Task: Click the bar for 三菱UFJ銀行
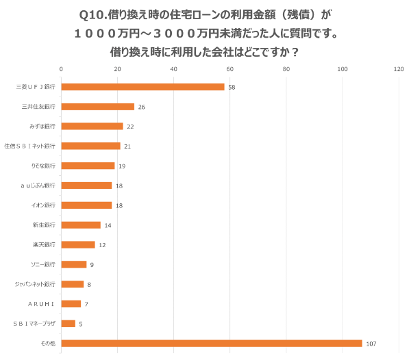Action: [x=142, y=87]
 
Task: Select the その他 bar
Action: [x=211, y=343]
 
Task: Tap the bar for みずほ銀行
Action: [x=92, y=126]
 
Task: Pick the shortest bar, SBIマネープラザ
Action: [x=68, y=323]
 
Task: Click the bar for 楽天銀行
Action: [x=78, y=244]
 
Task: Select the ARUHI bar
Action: [x=71, y=303]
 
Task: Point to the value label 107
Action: [x=372, y=343]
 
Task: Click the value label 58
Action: [x=232, y=87]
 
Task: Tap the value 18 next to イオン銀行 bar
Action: [x=119, y=205]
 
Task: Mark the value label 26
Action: [x=141, y=107]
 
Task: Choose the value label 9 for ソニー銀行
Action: [x=92, y=264]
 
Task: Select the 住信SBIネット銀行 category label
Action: [x=30, y=146]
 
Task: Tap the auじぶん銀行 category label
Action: [x=37, y=185]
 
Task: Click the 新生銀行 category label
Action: [x=44, y=224]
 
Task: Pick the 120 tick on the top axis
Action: [x=398, y=69]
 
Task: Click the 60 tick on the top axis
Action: [x=229, y=69]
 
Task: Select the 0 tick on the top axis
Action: [x=62, y=69]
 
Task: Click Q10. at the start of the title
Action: [x=95, y=14]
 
